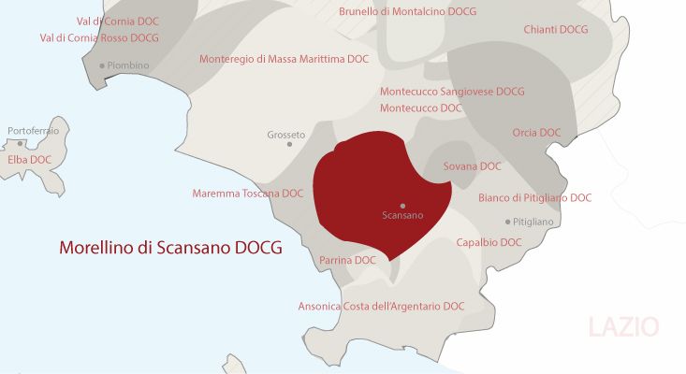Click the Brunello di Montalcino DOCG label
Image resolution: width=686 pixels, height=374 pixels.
click(407, 11)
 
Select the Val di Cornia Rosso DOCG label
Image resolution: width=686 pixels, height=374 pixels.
click(99, 38)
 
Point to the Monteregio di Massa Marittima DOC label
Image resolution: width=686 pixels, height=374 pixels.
click(285, 59)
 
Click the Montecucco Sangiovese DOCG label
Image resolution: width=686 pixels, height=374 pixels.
click(452, 92)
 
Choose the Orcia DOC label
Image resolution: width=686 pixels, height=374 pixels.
click(536, 133)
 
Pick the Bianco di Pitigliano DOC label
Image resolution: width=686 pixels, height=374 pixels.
click(534, 198)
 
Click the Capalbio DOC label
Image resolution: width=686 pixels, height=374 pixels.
click(489, 242)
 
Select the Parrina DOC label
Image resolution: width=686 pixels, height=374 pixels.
click(347, 260)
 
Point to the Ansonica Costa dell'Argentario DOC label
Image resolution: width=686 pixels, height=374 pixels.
click(381, 306)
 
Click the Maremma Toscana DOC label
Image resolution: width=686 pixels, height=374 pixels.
click(248, 194)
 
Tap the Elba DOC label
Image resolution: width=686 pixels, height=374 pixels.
click(29, 160)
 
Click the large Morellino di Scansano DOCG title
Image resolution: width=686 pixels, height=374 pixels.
click(170, 250)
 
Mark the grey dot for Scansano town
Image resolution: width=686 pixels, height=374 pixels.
click(402, 205)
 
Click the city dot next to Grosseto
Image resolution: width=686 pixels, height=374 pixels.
click(290, 144)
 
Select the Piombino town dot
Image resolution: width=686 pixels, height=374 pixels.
click(102, 65)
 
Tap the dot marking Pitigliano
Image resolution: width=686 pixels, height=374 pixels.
click(507, 222)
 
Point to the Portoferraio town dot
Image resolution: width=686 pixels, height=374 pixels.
click(21, 143)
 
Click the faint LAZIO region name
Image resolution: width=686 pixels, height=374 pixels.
click(623, 327)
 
